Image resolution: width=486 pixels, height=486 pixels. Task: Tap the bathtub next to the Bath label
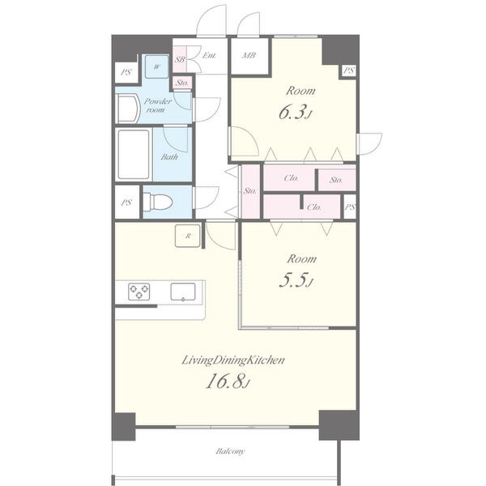click(x=134, y=154)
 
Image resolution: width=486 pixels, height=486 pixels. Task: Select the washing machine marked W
click(x=157, y=66)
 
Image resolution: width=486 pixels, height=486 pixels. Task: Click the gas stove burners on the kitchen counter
click(x=139, y=292)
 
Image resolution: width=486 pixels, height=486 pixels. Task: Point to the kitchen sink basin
click(x=183, y=292)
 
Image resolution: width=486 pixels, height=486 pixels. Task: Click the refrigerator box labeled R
click(x=188, y=236)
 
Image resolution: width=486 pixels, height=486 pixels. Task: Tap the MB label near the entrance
click(x=249, y=55)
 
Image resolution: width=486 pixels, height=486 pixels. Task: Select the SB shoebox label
click(x=180, y=59)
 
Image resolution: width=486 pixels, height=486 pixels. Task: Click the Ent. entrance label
click(x=209, y=55)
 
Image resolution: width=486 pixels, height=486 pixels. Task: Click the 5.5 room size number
click(x=295, y=280)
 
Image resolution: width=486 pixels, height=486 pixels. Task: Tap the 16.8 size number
click(x=228, y=382)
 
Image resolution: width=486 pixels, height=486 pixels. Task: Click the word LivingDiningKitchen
click(x=232, y=360)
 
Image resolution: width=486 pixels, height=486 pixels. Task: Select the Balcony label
click(x=230, y=451)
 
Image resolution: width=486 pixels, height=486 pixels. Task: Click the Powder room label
click(x=157, y=105)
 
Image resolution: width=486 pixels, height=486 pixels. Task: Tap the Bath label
click(x=169, y=157)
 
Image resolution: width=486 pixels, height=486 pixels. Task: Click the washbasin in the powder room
click(x=128, y=109)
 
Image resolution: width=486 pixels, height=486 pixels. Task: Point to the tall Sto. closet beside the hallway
click(x=250, y=191)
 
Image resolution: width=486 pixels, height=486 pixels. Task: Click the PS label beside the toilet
click(x=126, y=202)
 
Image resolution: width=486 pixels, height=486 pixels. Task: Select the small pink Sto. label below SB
click(x=182, y=83)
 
